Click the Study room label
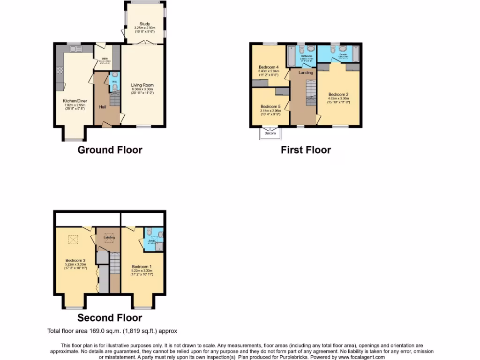144,24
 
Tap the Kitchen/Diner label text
75,100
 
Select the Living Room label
142,85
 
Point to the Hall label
102,107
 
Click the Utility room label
105,59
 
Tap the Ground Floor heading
110,150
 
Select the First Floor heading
306,150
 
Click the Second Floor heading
110,318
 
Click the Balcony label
270,133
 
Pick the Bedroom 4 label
269,67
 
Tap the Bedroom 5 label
270,106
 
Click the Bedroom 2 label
339,94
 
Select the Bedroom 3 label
75,261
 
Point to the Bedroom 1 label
142,267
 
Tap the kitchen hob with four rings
60,71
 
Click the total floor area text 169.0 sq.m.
112,331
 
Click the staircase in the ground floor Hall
114,99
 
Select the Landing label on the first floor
306,73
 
